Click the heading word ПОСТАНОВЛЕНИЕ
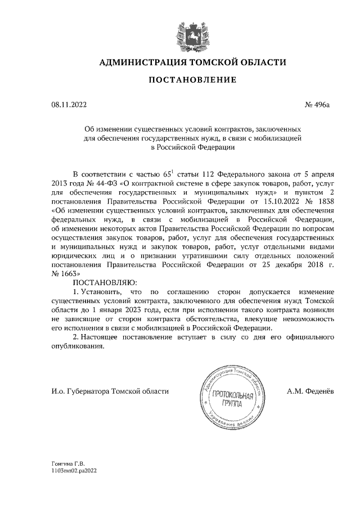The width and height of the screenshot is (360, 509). click(179, 80)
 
